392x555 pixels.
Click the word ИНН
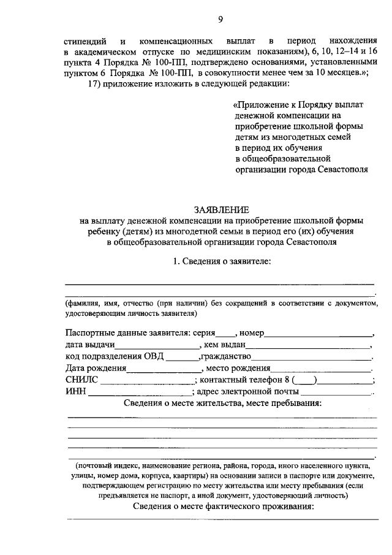tap(75, 392)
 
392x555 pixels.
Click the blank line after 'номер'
tap(318, 334)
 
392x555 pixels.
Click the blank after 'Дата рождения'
tap(164, 369)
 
